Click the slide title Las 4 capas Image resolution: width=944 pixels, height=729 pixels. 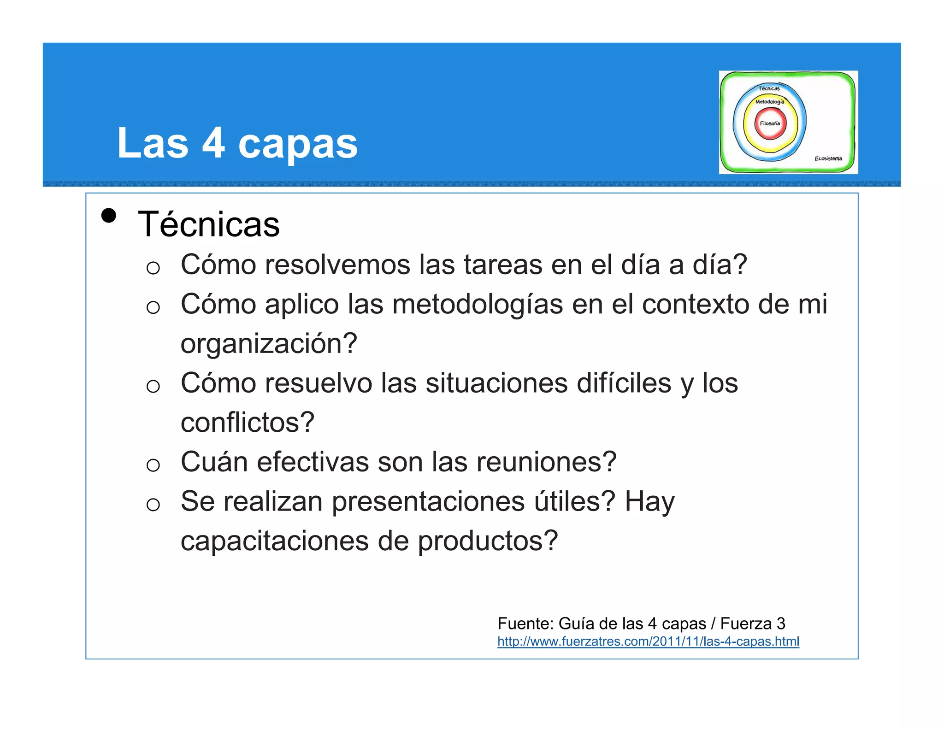tap(237, 143)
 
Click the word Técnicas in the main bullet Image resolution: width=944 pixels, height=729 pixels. tap(209, 224)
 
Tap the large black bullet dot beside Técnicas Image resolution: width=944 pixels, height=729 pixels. tap(109, 216)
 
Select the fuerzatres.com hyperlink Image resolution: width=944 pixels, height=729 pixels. tap(648, 641)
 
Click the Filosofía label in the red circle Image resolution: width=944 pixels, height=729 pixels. tap(770, 123)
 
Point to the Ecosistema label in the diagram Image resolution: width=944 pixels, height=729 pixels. tap(828, 159)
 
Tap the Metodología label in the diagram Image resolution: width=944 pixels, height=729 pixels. tap(769, 102)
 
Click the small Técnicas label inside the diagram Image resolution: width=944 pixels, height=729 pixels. tap(769, 88)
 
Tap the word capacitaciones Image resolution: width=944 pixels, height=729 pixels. tap(275, 541)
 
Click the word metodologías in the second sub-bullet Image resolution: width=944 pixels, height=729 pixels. tap(478, 305)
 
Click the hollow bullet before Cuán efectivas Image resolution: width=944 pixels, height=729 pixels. tap(153, 465)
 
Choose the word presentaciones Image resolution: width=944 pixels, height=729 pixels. tap(428, 502)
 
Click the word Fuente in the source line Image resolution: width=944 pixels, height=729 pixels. tap(525, 623)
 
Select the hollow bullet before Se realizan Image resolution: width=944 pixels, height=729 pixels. tap(153, 505)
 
